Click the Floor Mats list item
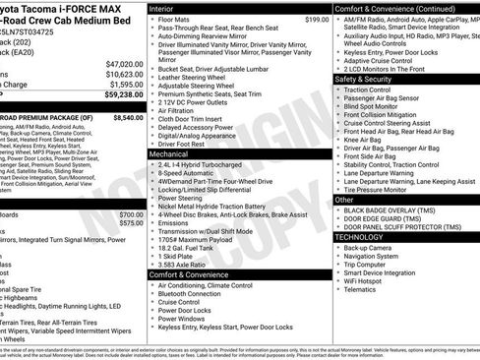pyautogui.click(x=174, y=19)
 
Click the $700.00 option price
pyautogui.click(x=130, y=214)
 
